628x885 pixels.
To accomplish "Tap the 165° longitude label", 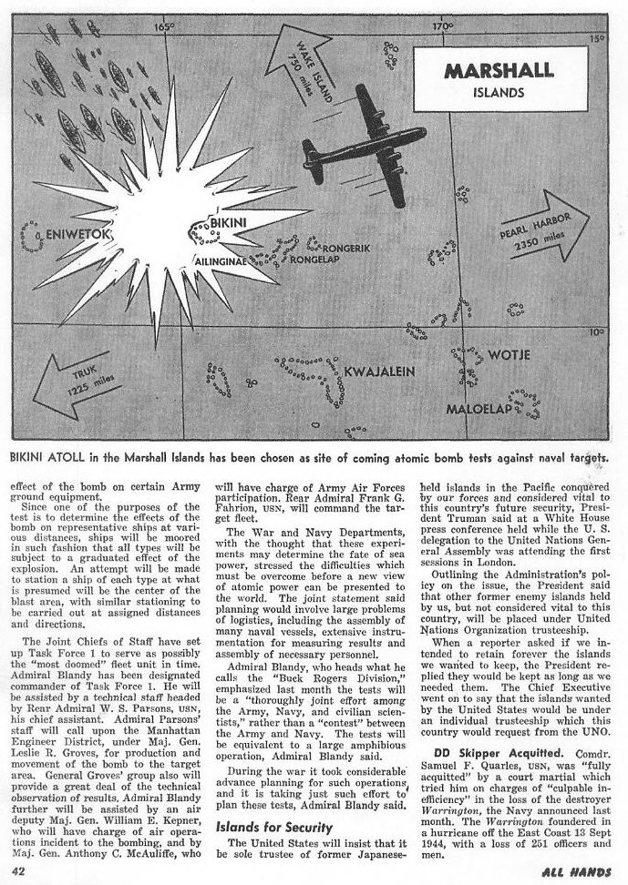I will pyautogui.click(x=165, y=26).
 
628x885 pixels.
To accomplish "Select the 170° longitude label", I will pyautogui.click(x=442, y=26).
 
